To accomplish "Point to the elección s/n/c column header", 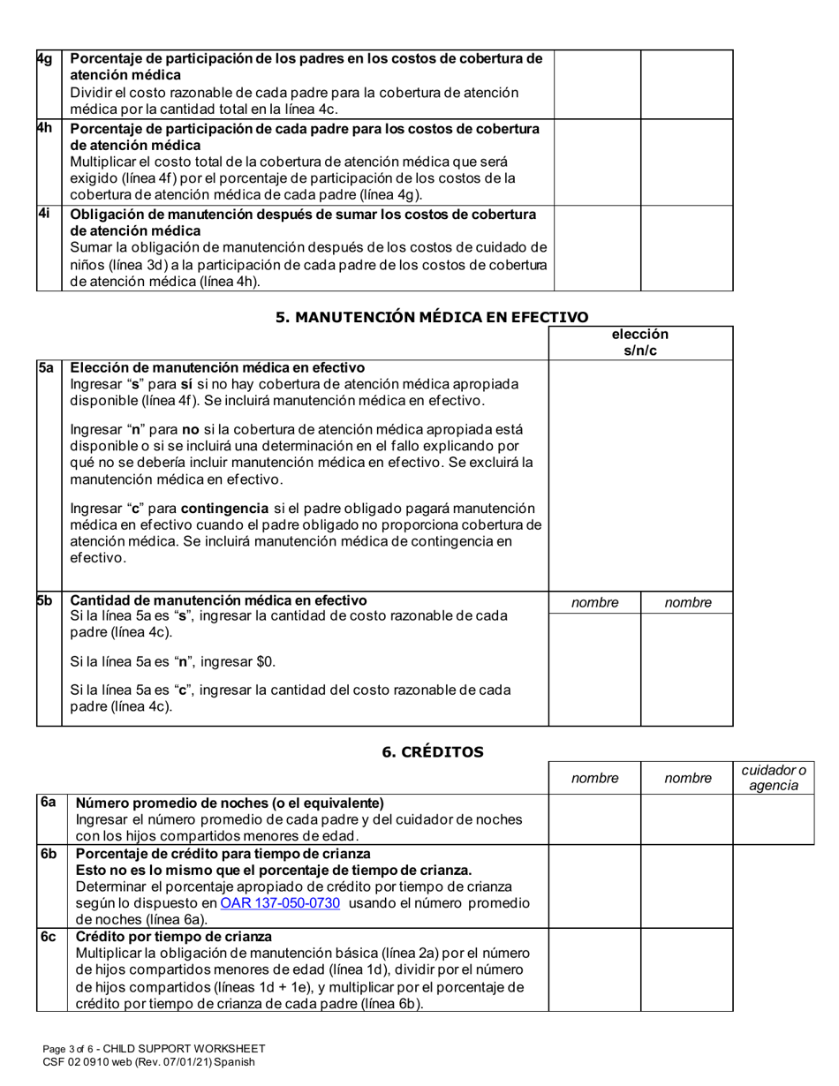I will coord(640,343).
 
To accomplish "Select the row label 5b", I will coord(45,600).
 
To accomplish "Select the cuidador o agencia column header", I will coord(774,778).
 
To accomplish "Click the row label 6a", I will coord(49,803).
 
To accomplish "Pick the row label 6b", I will coord(49,854).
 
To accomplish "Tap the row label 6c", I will coord(49,937).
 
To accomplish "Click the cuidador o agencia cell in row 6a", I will coord(774,819).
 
